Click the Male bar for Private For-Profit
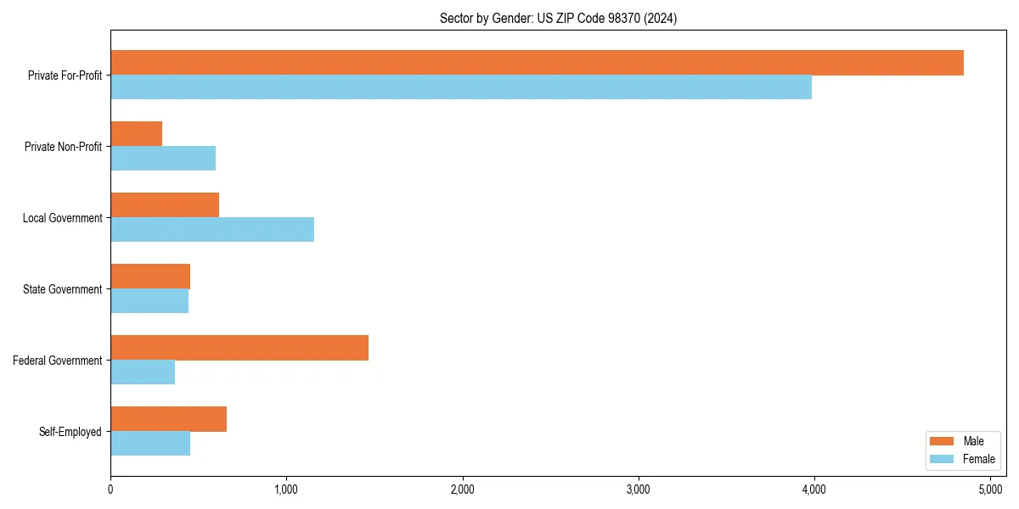click(537, 63)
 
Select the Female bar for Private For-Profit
click(461, 87)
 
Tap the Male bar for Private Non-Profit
click(136, 134)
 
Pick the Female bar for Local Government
click(212, 230)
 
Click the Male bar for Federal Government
click(239, 348)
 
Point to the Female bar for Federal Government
click(143, 372)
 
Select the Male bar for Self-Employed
click(168, 419)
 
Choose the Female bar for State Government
click(149, 301)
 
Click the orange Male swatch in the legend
click(942, 441)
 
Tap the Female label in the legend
click(978, 459)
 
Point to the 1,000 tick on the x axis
click(286, 489)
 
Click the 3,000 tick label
click(638, 489)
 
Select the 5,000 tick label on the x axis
click(990, 489)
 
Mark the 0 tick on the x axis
click(110, 489)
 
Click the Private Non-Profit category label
click(63, 147)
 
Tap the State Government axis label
click(63, 289)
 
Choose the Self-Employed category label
click(70, 432)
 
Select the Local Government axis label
click(63, 218)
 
